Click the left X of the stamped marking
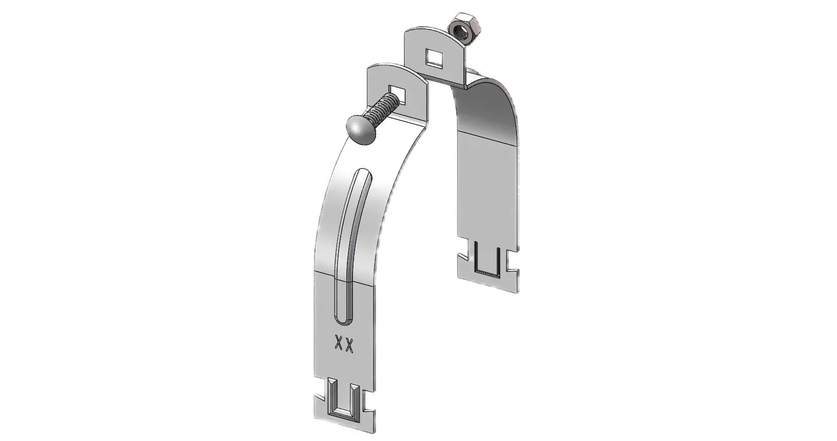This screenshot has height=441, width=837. coord(339,345)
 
